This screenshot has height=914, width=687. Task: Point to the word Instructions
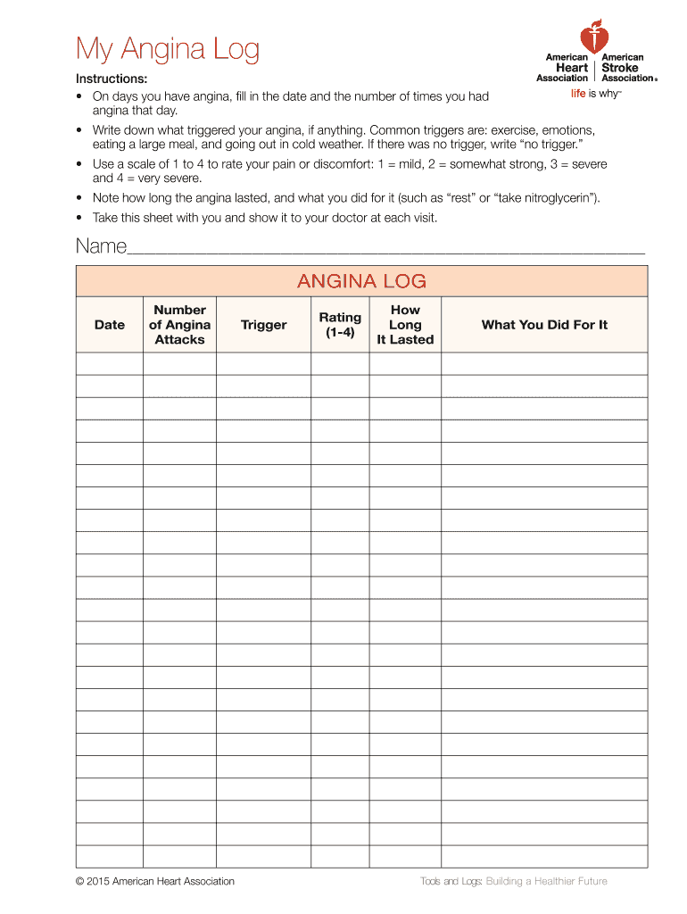coord(112,79)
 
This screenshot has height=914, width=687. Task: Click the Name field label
coord(101,246)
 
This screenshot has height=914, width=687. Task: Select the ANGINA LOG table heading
coord(361,282)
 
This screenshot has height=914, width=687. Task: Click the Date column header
coord(110,325)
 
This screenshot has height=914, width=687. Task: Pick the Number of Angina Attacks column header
coord(179,325)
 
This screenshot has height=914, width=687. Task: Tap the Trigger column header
coord(263,325)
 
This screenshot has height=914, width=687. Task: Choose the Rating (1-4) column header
coord(340,325)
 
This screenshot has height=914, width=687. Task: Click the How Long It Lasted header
coord(405,325)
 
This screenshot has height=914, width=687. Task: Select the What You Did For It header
coord(544,325)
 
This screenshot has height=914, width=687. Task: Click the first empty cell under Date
coord(110,363)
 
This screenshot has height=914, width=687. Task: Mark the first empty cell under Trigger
coord(263,363)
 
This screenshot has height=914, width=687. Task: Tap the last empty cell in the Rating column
coord(340,856)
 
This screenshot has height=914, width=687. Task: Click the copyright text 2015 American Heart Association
coord(155,881)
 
